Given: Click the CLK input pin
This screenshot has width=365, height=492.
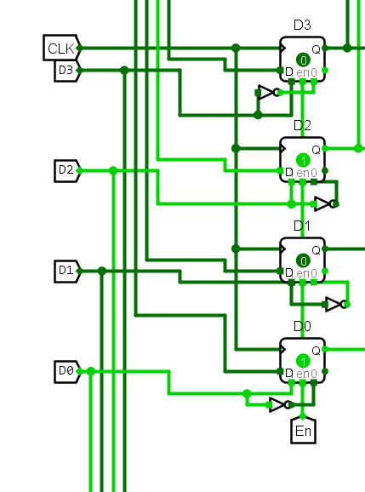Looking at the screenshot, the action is click(x=62, y=48).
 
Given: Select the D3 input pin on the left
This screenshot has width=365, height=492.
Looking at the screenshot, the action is click(x=67, y=71).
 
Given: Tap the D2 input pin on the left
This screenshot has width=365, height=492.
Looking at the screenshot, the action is click(x=67, y=171).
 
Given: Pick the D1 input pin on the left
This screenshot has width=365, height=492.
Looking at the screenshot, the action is click(x=67, y=271).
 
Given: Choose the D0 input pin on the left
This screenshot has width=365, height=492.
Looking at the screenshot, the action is click(x=67, y=371).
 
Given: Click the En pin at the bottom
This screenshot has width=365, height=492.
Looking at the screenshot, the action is click(x=303, y=430).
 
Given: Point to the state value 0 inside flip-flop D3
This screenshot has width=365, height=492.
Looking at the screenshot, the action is click(x=303, y=60).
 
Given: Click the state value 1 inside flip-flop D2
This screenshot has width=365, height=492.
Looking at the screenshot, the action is click(x=303, y=161).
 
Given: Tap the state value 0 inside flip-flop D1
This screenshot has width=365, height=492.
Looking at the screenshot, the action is click(x=303, y=261).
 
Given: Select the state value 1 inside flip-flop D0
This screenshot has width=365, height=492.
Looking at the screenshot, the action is click(x=303, y=362).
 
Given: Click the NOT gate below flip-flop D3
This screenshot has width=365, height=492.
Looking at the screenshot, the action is click(x=269, y=93).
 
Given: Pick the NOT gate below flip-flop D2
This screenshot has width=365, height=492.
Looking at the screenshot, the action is click(x=326, y=204).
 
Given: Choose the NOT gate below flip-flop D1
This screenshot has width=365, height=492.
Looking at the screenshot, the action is click(x=337, y=305).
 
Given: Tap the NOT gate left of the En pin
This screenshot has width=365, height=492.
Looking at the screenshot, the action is click(x=281, y=405).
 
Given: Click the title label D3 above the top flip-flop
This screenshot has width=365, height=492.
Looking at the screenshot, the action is click(x=302, y=25).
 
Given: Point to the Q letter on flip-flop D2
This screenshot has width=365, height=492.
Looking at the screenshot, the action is click(x=317, y=150).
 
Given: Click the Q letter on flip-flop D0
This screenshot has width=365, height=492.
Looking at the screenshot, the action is click(x=317, y=351).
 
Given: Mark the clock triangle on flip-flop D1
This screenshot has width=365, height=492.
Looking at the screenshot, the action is click(x=282, y=249).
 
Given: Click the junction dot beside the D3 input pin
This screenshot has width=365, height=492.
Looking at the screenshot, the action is click(x=124, y=71).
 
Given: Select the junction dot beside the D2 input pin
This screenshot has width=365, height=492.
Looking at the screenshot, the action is click(x=113, y=171).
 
